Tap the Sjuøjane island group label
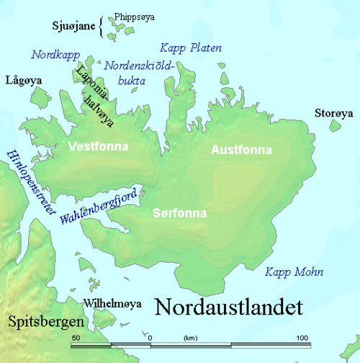73,27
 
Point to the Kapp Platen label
189,48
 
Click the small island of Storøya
335,126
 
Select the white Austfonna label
240,150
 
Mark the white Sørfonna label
180,213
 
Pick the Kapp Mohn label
294,272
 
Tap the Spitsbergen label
40,321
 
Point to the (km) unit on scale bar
190,337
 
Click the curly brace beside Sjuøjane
102,27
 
